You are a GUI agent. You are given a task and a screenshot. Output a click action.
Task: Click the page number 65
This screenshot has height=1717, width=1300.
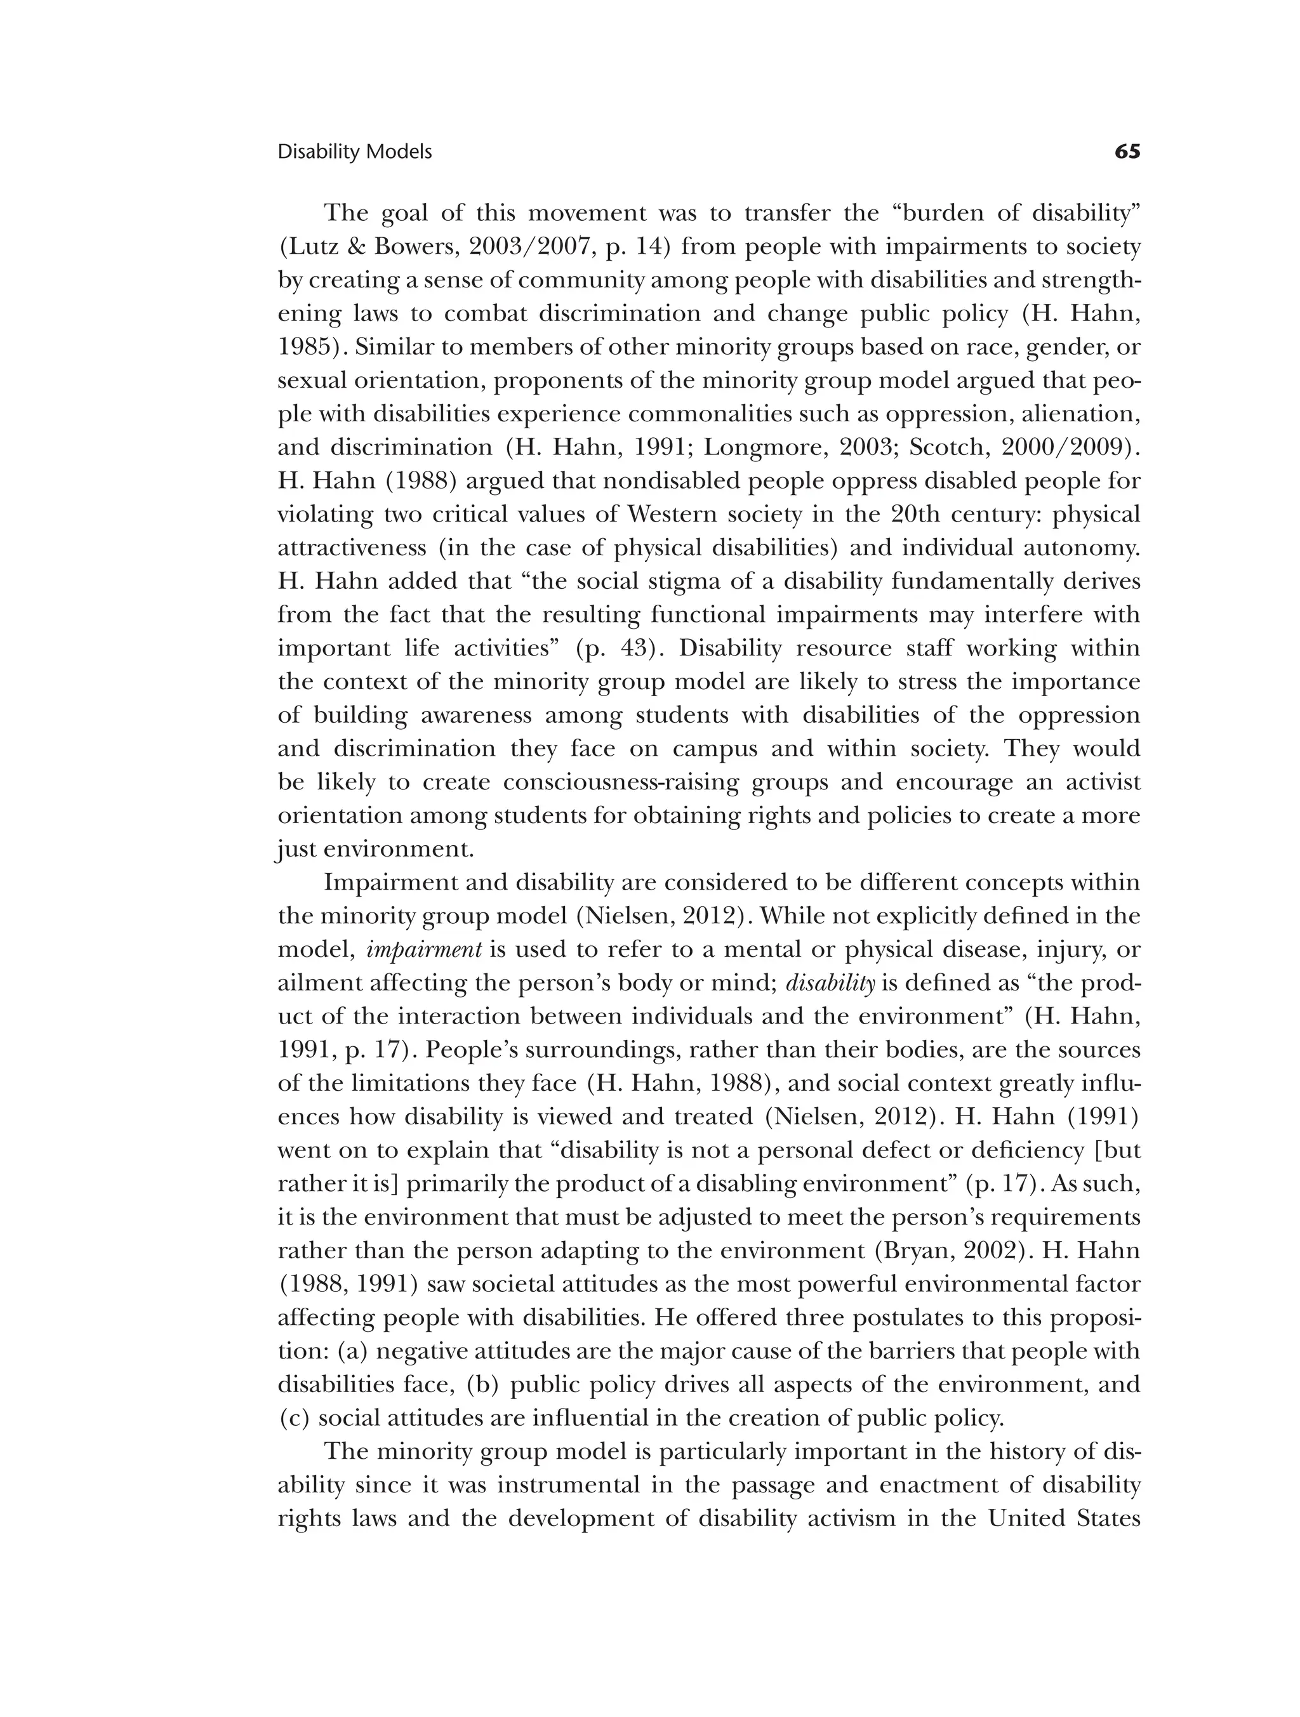point(1127,152)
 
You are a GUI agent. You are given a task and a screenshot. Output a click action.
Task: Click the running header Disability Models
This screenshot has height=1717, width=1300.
point(354,152)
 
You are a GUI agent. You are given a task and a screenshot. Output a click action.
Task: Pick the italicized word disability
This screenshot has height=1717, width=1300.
point(830,983)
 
